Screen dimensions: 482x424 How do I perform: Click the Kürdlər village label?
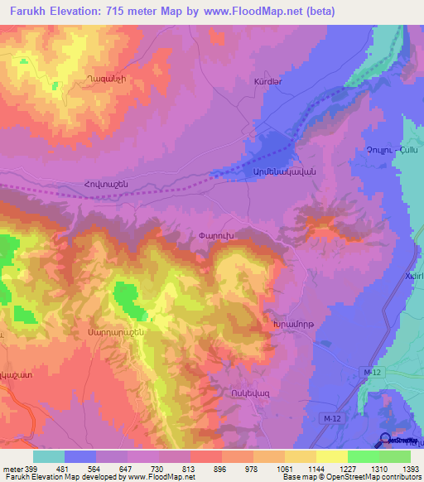tap(270, 82)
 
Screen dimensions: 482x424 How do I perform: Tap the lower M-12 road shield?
tap(332, 420)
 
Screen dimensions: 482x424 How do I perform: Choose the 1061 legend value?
tap(269, 467)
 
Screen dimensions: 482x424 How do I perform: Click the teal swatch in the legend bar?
tap(49, 456)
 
